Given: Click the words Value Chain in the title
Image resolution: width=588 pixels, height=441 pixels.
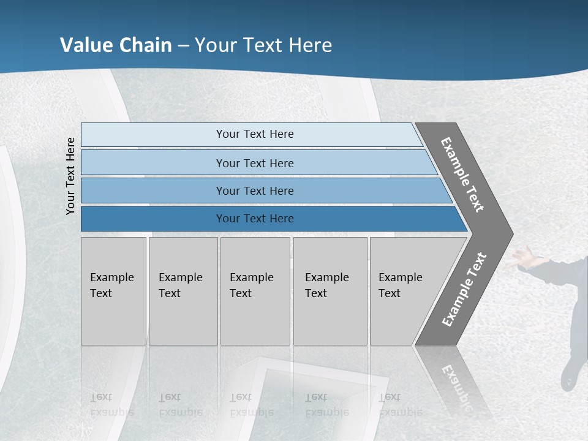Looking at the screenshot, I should (x=116, y=45).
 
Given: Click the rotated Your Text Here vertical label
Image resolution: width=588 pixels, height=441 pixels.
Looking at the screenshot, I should (x=70, y=176).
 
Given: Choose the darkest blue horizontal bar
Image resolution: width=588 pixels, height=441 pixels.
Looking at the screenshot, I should (x=153, y=219).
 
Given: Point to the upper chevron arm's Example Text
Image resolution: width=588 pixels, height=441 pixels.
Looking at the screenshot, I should (x=463, y=175).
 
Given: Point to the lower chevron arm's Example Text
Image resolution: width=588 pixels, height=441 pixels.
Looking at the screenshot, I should (x=464, y=290).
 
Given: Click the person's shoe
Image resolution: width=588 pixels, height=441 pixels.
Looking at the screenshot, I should (x=569, y=377).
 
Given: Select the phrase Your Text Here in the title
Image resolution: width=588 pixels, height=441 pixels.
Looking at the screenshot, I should (x=263, y=45).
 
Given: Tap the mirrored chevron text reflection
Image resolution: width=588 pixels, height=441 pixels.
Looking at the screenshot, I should (x=455, y=386).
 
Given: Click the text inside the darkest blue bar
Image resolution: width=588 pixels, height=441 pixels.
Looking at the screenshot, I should (x=255, y=219).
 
